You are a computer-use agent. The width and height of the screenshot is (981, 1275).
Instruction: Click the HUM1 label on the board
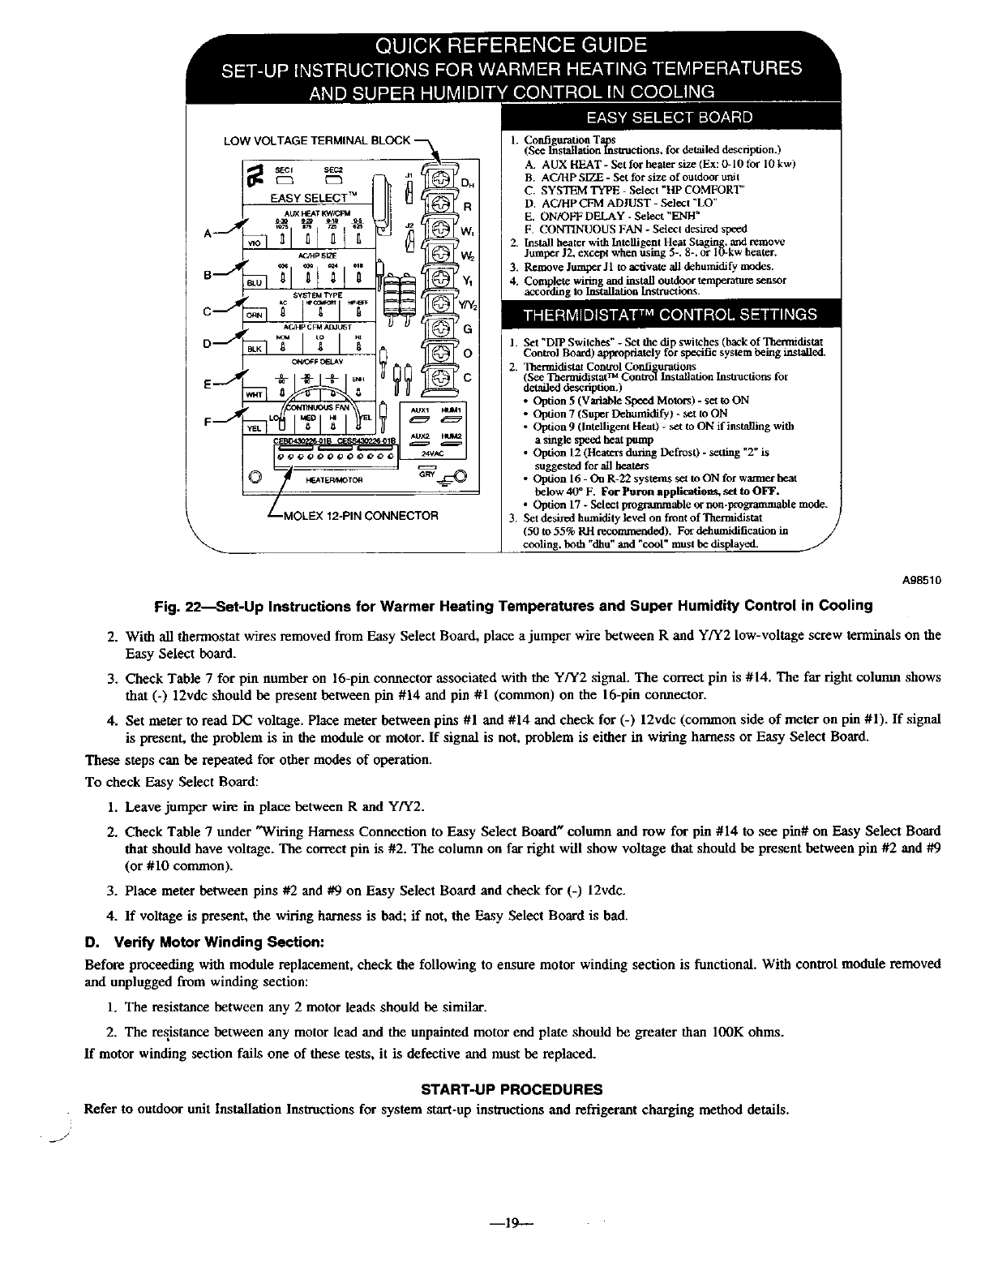click(x=452, y=410)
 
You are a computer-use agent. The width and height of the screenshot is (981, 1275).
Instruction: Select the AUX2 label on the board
click(x=421, y=436)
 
